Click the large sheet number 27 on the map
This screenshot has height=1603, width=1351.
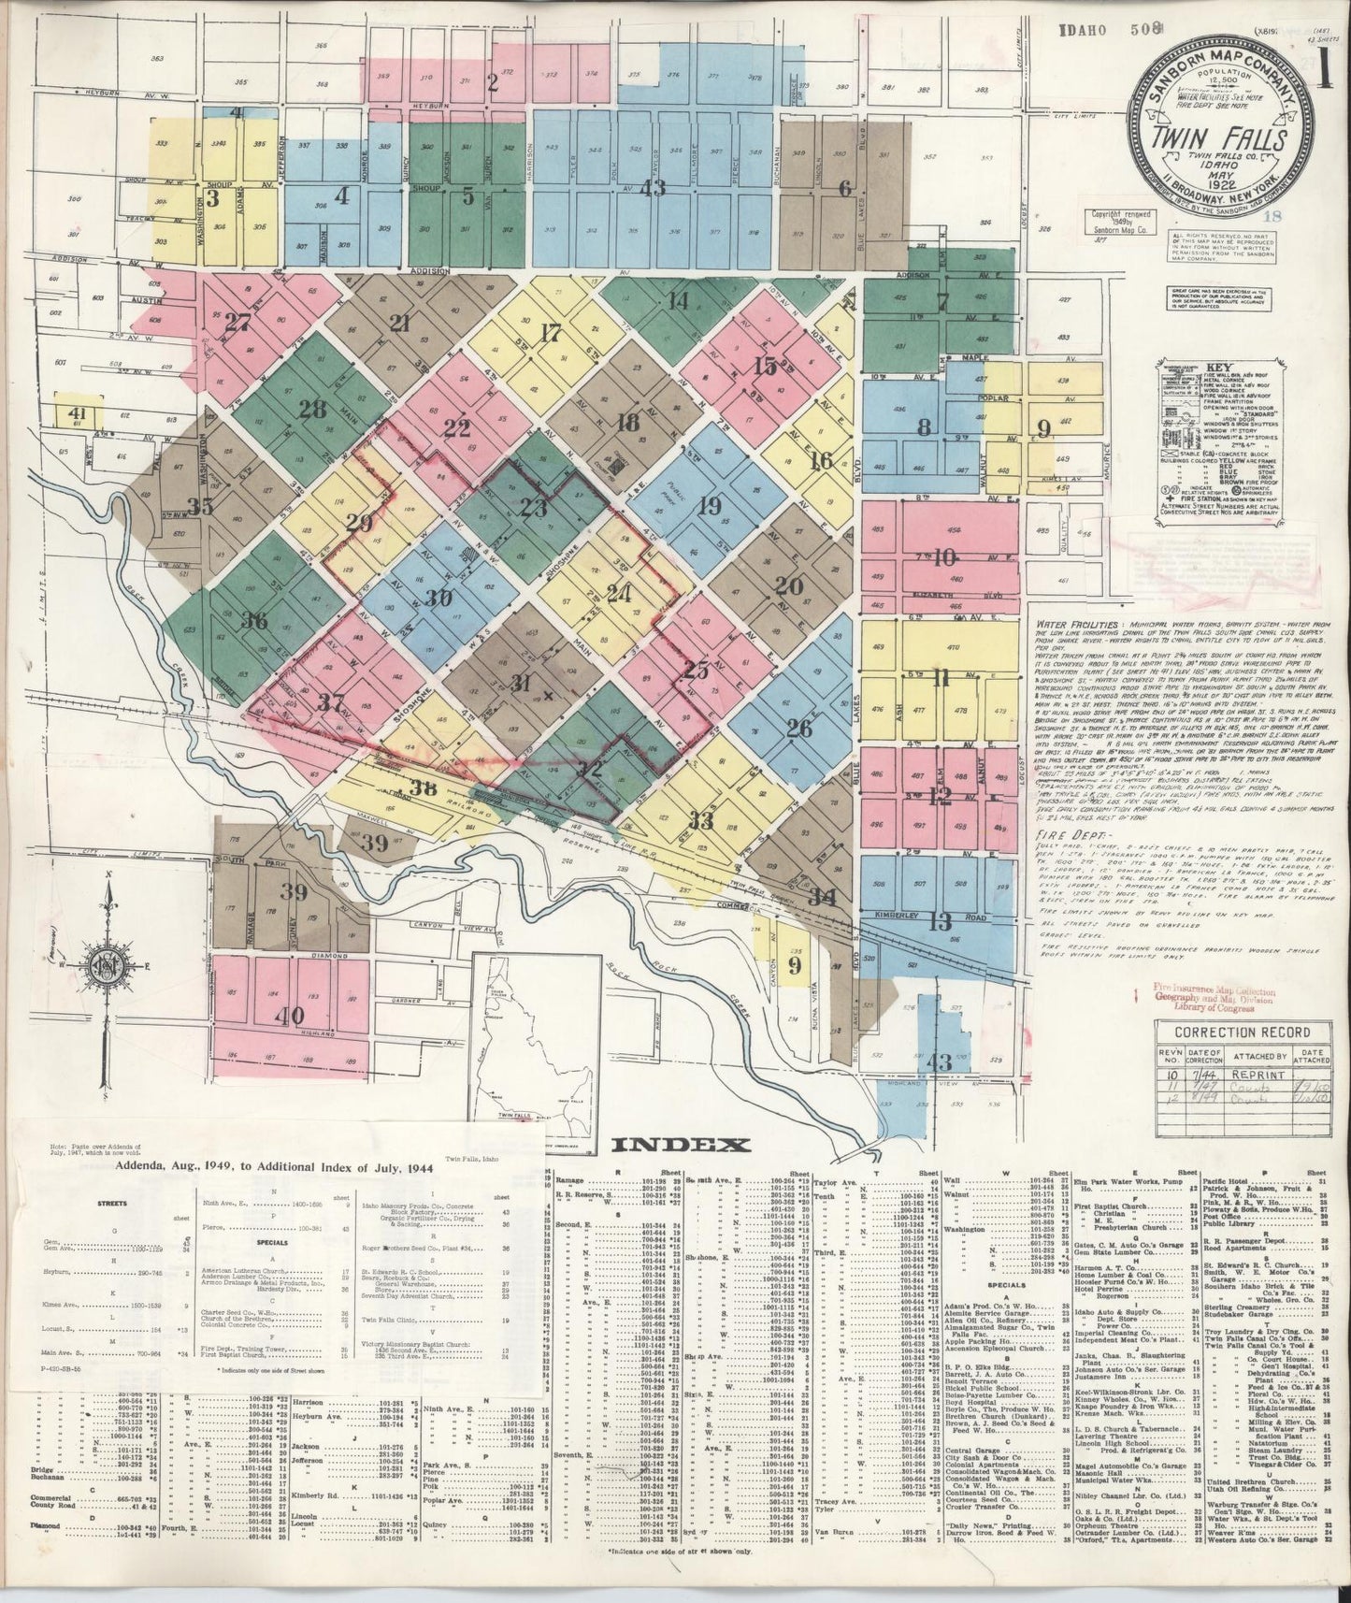point(237,322)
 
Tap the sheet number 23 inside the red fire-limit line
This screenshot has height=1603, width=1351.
point(534,508)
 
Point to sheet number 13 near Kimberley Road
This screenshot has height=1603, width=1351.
point(941,922)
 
